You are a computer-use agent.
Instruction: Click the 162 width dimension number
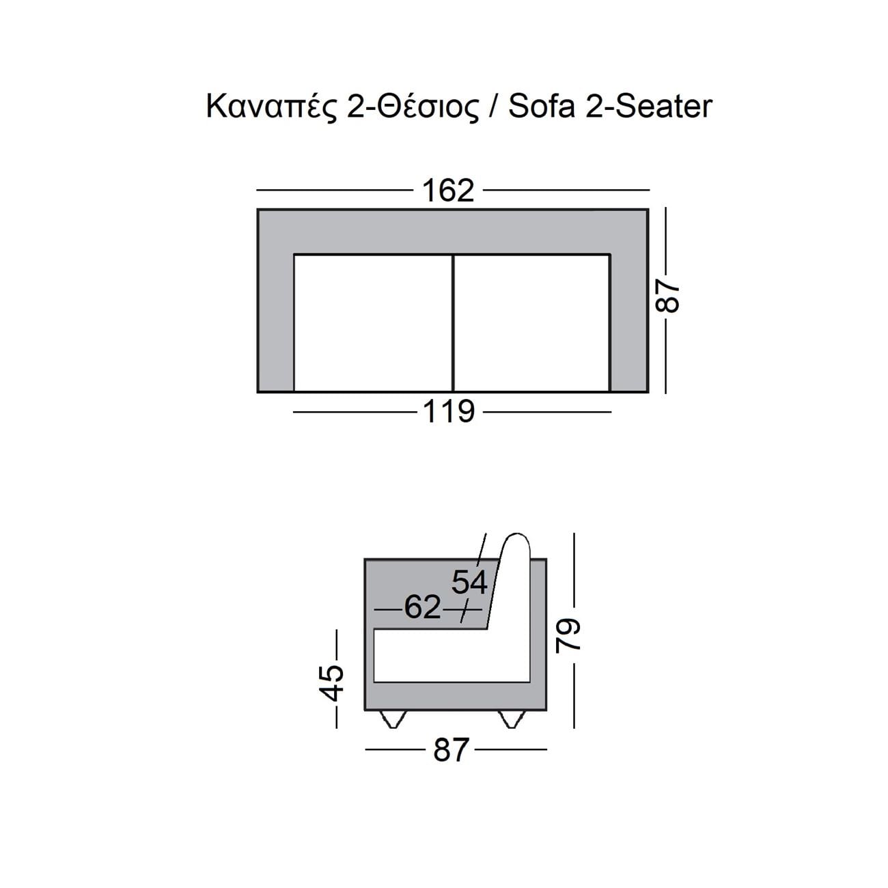448,191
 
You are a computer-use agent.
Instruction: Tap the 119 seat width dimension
448,411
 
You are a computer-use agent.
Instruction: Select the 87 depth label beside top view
667,298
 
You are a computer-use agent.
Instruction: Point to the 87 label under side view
450,750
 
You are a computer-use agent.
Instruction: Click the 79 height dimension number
567,637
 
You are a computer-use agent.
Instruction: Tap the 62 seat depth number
422,607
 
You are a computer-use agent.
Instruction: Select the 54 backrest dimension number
469,583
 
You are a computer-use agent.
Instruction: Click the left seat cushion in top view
374,322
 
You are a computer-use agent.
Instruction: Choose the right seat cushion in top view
532,322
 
